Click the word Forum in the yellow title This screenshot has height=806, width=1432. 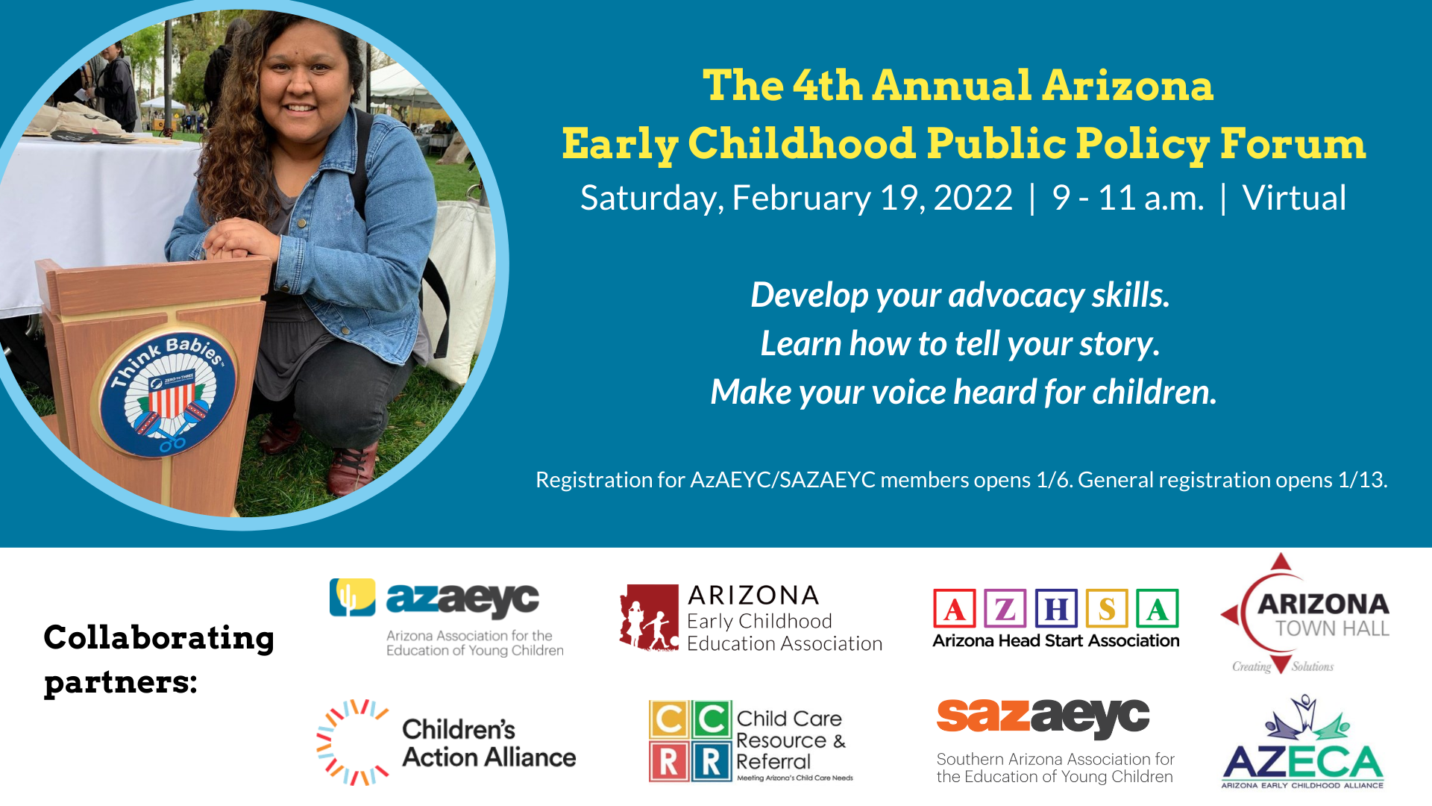[x=1293, y=143]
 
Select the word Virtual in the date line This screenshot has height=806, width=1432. [x=1294, y=199]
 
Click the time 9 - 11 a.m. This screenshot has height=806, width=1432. [x=1128, y=199]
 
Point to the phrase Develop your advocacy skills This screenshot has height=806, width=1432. [x=960, y=296]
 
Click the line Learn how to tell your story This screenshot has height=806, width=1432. [x=960, y=344]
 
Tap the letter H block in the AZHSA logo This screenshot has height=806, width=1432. [x=1056, y=609]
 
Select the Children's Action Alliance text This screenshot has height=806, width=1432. [x=489, y=743]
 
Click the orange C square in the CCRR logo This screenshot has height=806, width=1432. [x=669, y=719]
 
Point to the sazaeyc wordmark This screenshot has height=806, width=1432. [x=1043, y=716]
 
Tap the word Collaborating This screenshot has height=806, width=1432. [x=159, y=638]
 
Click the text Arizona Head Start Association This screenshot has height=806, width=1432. [x=1056, y=641]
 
